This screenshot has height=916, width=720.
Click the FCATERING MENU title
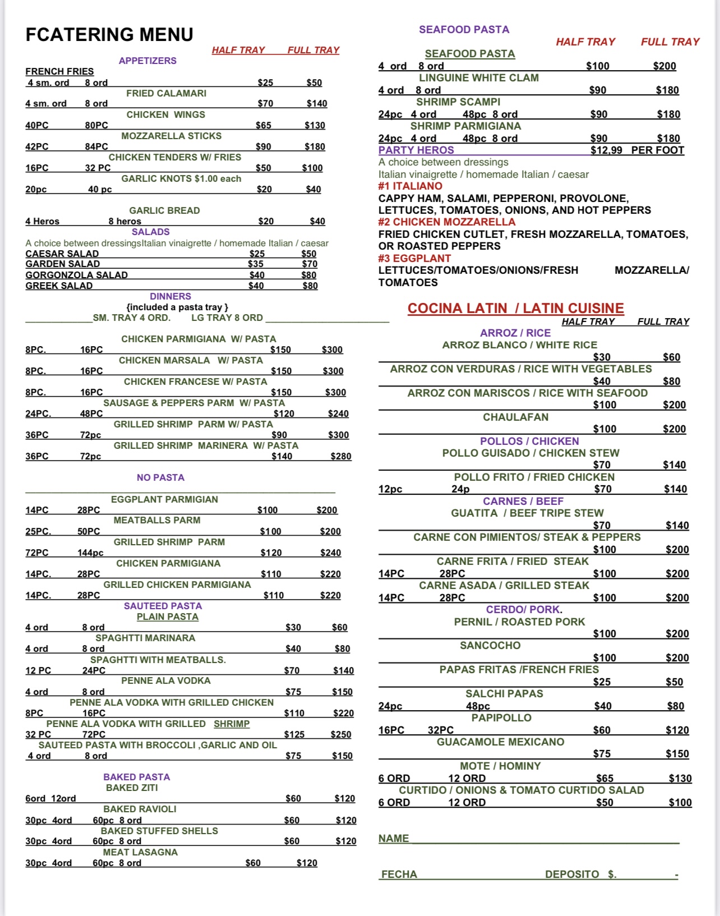109,35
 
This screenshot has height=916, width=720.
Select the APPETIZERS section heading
147,61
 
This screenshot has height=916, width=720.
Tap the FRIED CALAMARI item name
166,93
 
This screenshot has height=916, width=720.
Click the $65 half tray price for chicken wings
263,125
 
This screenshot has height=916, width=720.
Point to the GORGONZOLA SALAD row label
76,275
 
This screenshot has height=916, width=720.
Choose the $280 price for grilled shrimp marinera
340,456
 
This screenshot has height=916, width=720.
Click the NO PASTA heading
160,477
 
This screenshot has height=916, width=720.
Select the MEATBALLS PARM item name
157,521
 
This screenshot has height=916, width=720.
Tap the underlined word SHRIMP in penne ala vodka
232,724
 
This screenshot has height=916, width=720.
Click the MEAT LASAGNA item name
140,852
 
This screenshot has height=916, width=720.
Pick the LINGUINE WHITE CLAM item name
478,78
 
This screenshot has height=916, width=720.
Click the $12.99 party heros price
606,150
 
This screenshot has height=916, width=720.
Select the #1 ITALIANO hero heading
410,186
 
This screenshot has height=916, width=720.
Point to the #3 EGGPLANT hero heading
414,258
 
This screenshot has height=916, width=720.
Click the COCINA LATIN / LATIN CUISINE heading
515,308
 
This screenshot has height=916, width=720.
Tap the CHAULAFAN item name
515,417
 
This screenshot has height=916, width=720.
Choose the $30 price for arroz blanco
602,357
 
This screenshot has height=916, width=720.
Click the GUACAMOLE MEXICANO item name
500,742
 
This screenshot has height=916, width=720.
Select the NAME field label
393,838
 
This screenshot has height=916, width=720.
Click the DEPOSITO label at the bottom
572,874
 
